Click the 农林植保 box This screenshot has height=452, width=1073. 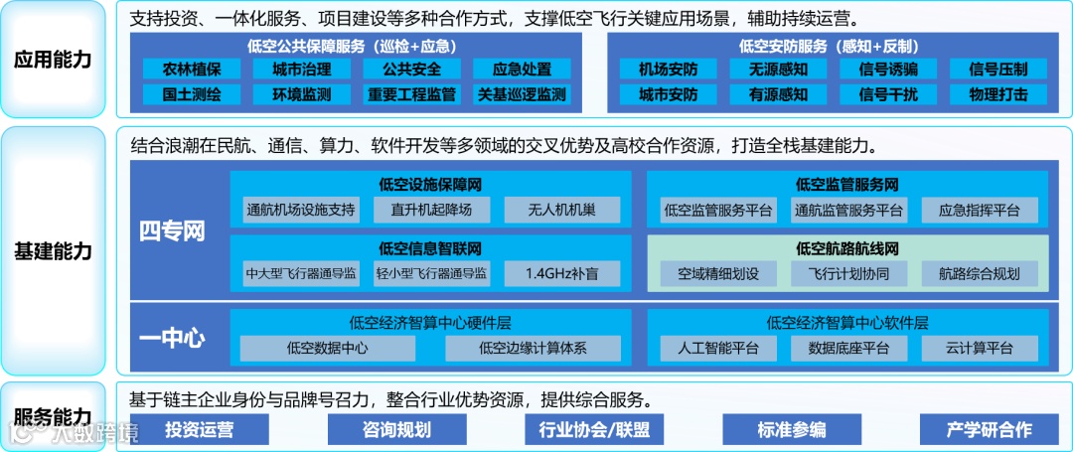coord(191,70)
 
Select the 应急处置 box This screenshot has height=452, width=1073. coord(522,70)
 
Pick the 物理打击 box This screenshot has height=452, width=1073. coord(998,95)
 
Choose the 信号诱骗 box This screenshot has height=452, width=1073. coord(888,70)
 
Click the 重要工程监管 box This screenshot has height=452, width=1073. coord(411,95)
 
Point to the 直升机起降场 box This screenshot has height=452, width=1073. coord(432,210)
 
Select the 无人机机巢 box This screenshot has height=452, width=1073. coord(561,210)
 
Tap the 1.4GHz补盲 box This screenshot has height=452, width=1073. coord(561,273)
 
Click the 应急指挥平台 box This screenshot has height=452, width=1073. coord(980,210)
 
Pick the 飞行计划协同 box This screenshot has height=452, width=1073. coord(849,273)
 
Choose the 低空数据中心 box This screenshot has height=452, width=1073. coord(328,348)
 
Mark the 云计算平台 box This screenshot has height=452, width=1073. coord(980,348)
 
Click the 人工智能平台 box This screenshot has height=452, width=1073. coord(719,348)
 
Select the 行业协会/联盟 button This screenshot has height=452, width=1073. coord(593,429)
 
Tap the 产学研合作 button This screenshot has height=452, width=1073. coord(988,429)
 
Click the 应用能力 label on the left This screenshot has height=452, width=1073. coord(53,60)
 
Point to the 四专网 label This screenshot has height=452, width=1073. coord(171,232)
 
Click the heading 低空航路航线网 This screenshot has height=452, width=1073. coord(848,248)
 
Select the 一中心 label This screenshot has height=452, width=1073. coord(171,338)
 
